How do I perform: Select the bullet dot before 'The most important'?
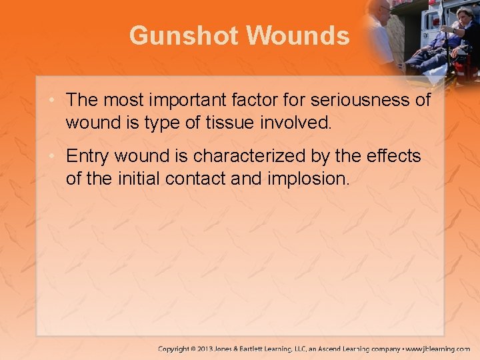(x=56, y=100)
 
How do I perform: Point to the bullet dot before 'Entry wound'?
(x=56, y=156)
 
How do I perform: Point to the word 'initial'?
(x=136, y=178)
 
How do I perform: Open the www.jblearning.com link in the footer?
(x=439, y=349)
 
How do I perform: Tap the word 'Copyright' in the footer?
(x=175, y=349)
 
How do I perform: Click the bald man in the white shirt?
(x=383, y=27)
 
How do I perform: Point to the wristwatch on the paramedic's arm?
(x=443, y=31)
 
